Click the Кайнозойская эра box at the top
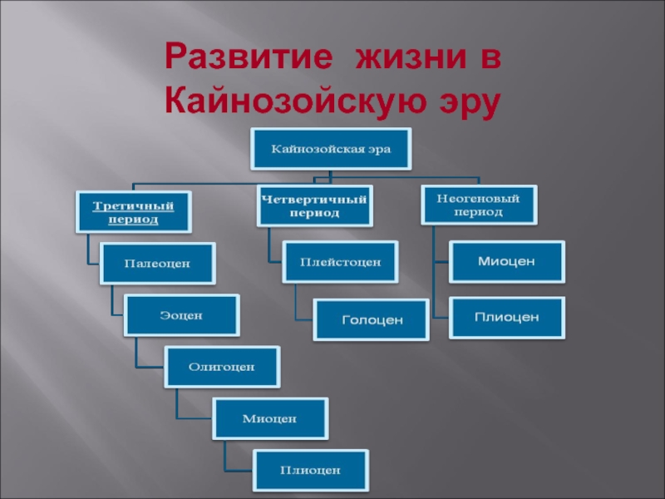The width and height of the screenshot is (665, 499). [x=331, y=150]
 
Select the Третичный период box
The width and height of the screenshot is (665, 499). [x=133, y=212]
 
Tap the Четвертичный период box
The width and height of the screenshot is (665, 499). [x=313, y=205]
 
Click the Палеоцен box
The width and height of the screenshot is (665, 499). [x=157, y=263]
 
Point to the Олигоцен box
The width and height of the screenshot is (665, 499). [x=221, y=366]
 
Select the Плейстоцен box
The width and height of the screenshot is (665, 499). [x=340, y=262]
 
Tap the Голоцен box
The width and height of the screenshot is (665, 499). [x=372, y=319]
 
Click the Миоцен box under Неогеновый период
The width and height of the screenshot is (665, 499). [x=506, y=261]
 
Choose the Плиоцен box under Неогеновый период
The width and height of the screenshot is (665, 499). [x=506, y=317]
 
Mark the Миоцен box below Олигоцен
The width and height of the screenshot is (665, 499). [x=269, y=417]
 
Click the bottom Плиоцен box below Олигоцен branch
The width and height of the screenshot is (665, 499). [x=310, y=470]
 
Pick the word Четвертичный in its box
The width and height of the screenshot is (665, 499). [x=313, y=199]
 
